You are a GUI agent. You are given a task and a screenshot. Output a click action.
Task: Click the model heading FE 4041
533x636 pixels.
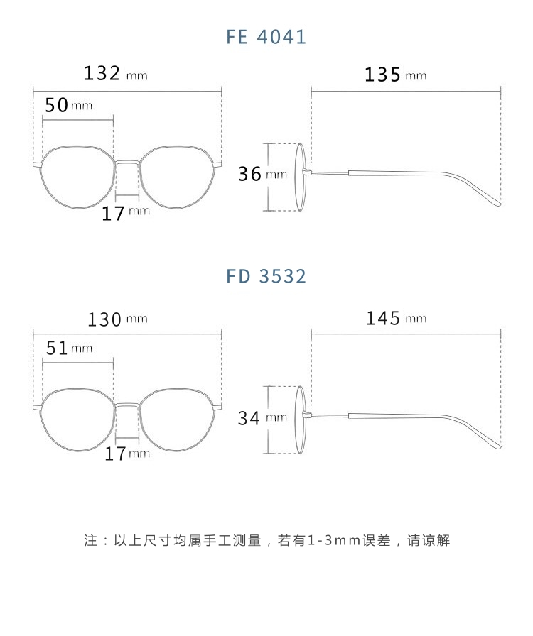[x=266, y=37]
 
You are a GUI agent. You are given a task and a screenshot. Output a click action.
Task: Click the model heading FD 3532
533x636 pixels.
[x=266, y=276]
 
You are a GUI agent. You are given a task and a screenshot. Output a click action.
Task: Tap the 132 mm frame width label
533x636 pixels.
[x=115, y=74]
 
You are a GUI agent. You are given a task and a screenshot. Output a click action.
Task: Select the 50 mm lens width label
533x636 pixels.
[x=68, y=105]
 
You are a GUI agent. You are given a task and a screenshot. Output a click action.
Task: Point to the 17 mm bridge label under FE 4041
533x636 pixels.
[x=126, y=212]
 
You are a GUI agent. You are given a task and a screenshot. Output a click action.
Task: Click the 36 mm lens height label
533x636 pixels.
[x=262, y=174]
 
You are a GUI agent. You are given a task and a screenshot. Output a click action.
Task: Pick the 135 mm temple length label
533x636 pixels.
[x=395, y=75]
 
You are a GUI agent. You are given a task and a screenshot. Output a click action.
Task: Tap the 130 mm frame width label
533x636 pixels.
[x=117, y=319]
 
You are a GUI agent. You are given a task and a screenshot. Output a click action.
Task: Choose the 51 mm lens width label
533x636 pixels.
[x=68, y=348]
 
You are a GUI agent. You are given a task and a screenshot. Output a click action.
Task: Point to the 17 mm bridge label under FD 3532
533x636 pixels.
[x=127, y=453]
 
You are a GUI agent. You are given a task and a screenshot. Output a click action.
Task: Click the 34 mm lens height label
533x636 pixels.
[x=262, y=418]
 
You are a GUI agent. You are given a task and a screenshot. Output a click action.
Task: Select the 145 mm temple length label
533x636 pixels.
[x=396, y=319]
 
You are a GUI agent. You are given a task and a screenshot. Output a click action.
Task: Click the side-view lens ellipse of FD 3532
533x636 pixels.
[x=301, y=419]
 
